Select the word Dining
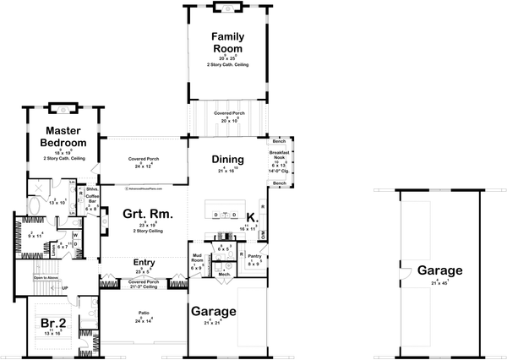click(x=228, y=160)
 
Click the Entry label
click(x=144, y=263)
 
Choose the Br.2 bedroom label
click(x=52, y=324)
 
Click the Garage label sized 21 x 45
click(x=439, y=271)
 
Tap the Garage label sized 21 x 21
click(x=213, y=311)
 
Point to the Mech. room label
click(x=225, y=274)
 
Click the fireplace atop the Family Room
click(x=226, y=8)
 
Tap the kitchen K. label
click(x=250, y=217)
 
